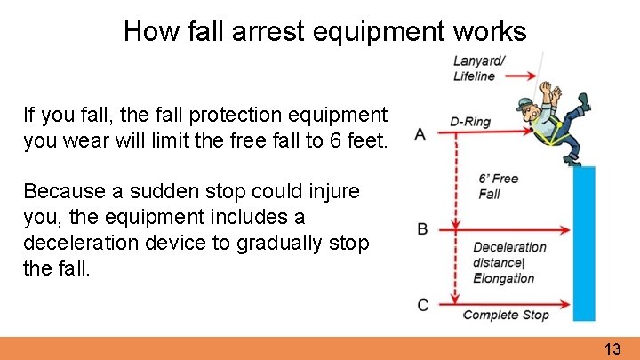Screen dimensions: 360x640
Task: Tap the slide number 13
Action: pos(612,348)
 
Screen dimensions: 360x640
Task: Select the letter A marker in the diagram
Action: pos(420,133)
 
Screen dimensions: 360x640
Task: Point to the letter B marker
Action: pos(422,228)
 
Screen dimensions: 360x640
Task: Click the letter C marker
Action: pos(422,305)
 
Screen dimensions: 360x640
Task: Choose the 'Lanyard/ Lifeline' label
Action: pos(479,68)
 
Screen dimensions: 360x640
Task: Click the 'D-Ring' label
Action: pos(470,122)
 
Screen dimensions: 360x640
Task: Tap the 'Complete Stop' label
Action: pos(506,315)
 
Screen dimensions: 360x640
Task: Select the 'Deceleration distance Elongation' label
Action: pos(509,262)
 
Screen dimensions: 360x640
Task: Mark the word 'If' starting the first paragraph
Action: pos(29,115)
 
